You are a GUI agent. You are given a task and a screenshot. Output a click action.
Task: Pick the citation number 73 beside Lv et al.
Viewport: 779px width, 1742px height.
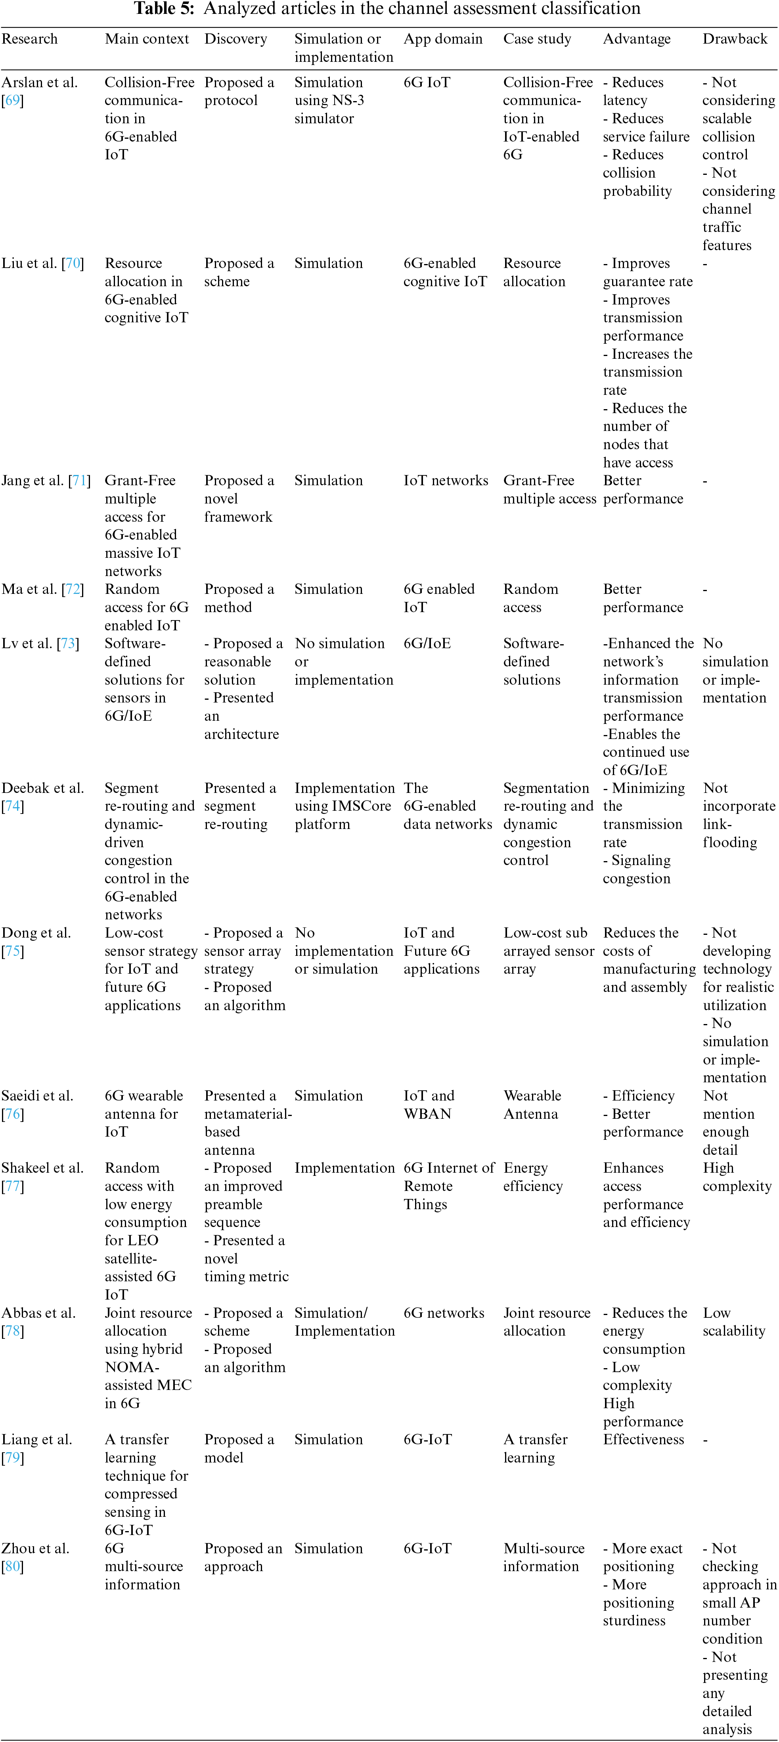tap(68, 643)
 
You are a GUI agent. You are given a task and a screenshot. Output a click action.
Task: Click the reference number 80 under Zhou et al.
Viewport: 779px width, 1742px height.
tap(12, 1566)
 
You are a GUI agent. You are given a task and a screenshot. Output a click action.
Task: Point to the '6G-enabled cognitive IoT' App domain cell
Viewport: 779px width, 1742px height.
tap(445, 272)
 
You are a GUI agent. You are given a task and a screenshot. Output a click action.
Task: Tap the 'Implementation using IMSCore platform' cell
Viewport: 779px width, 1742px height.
tap(344, 806)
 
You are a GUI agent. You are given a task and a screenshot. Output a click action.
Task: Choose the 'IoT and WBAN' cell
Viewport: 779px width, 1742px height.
tap(429, 1104)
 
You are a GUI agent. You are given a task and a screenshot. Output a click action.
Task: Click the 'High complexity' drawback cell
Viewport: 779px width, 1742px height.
tap(737, 1177)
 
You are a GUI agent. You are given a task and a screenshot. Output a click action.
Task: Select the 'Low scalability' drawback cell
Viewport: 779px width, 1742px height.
tap(734, 1321)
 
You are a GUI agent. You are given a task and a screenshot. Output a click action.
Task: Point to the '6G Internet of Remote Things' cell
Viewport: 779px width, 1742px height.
tap(449, 1185)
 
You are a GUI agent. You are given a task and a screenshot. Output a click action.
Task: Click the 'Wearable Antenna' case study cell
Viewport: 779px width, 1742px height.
tap(532, 1104)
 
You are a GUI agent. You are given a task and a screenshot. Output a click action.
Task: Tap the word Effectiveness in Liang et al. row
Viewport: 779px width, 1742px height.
tap(643, 1439)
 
